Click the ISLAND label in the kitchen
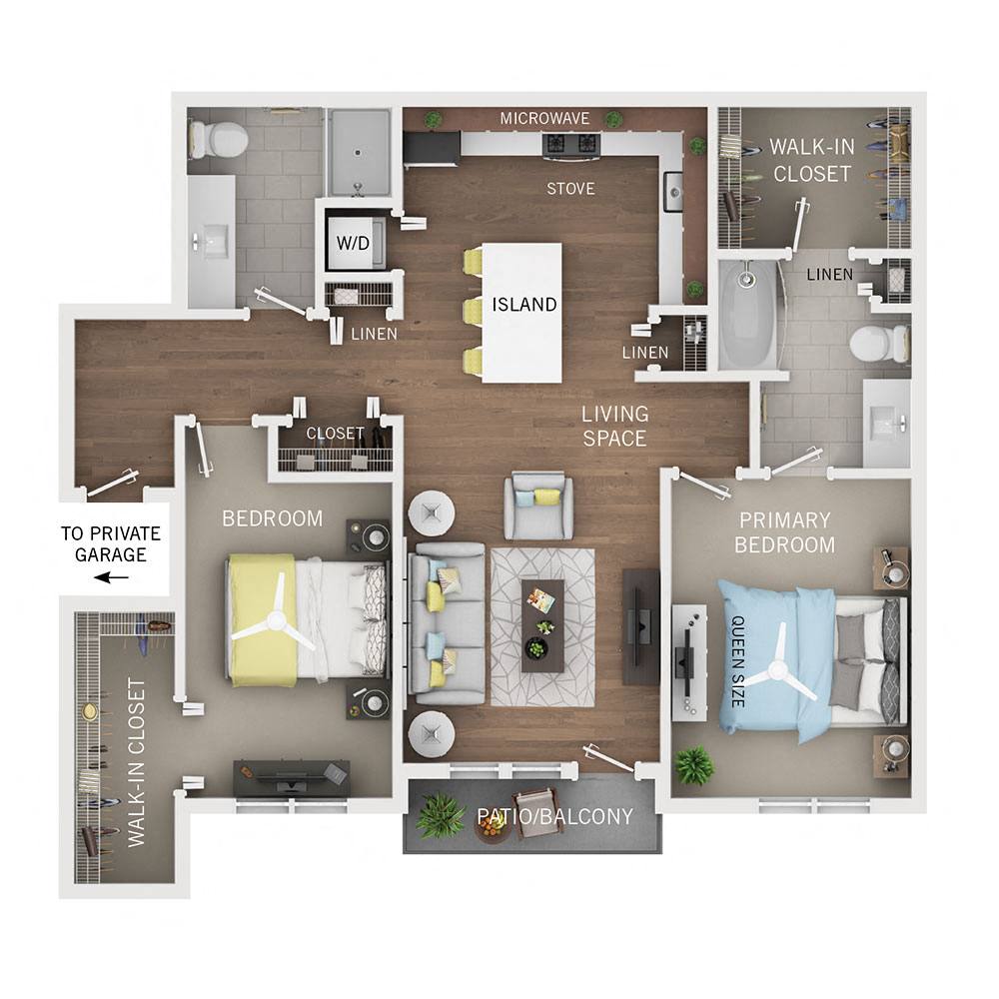point(524,305)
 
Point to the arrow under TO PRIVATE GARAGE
point(111,577)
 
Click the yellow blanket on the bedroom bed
point(261,619)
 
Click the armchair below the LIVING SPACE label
point(538,505)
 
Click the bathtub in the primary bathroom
point(747,314)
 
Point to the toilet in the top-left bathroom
point(221,140)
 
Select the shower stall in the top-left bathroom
point(360,151)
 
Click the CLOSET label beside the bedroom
point(336,434)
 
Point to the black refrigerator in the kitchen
point(431,148)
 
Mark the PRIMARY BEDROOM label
point(784,532)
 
